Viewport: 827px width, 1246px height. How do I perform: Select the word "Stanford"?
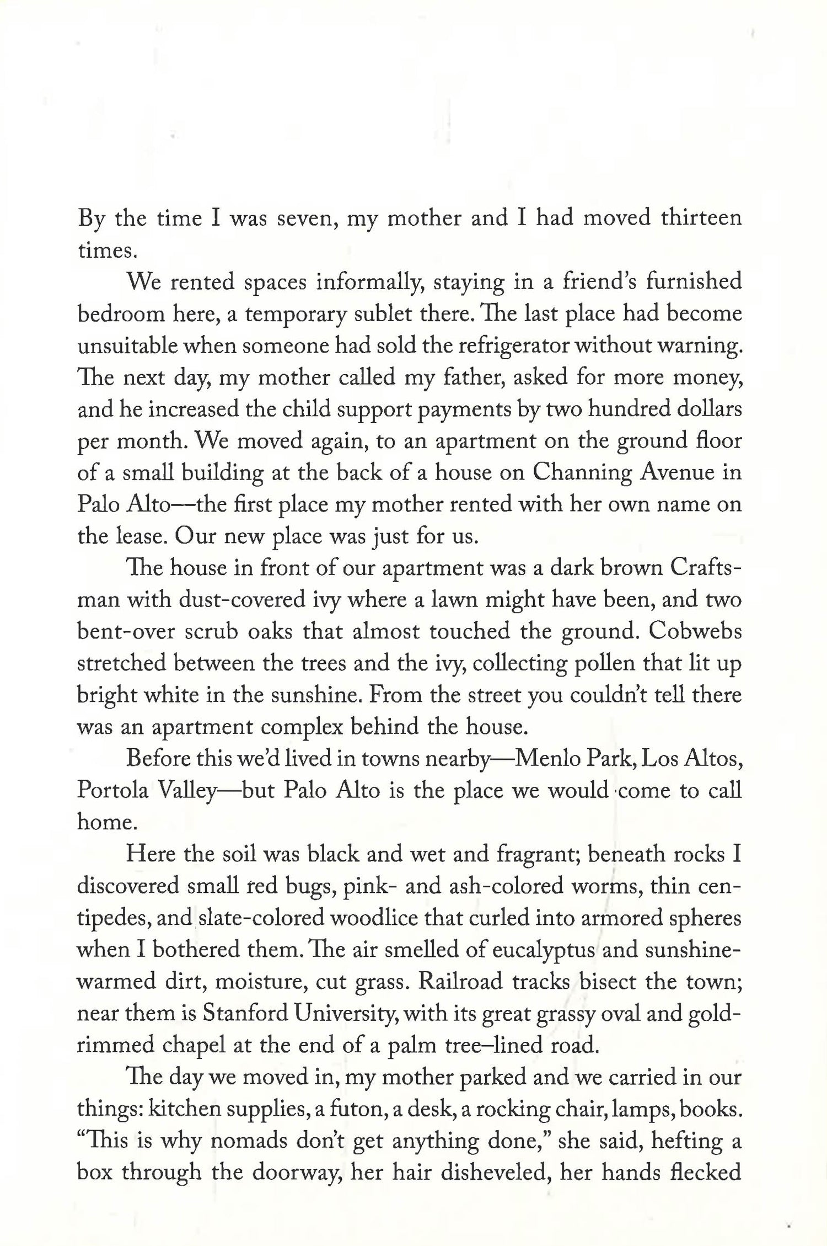244,1013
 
